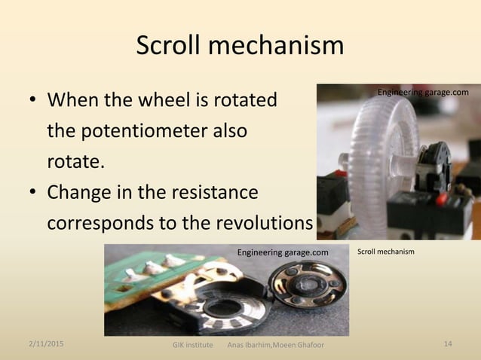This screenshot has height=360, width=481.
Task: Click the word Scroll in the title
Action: [169, 47]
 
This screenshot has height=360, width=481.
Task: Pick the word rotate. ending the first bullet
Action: [77, 161]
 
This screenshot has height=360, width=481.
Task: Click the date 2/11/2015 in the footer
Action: [46, 343]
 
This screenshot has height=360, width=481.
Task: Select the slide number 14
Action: [448, 343]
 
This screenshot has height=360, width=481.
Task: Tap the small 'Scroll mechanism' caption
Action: [385, 250]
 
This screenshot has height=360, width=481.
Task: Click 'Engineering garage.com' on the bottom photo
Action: [283, 252]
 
